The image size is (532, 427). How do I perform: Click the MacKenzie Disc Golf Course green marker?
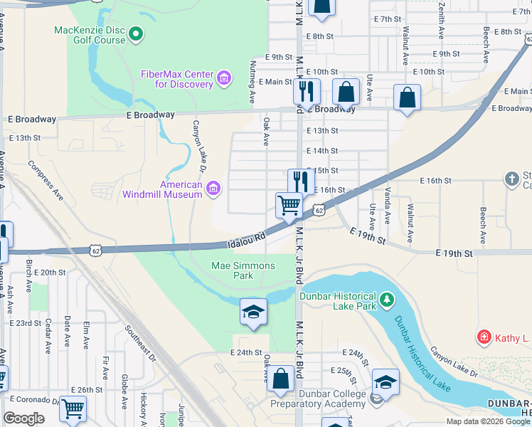pyautogui.click(x=136, y=33)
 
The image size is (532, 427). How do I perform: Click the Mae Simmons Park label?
pyautogui.click(x=243, y=270)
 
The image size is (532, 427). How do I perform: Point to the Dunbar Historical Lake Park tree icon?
pyautogui.click(x=387, y=300)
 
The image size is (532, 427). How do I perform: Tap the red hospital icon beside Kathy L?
pyautogui.click(x=484, y=336)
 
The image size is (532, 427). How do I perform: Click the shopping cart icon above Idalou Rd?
pyautogui.click(x=289, y=205)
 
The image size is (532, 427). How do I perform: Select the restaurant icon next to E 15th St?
pyautogui.click(x=301, y=181)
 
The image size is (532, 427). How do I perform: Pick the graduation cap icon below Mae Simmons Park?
pyautogui.click(x=252, y=312)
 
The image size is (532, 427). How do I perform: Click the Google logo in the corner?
pyautogui.click(x=23, y=418)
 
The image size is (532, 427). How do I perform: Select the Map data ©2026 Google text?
pyautogui.click(x=488, y=421)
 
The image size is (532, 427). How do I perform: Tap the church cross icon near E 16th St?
pyautogui.click(x=512, y=179)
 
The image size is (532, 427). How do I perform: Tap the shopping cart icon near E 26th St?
pyautogui.click(x=73, y=409)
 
